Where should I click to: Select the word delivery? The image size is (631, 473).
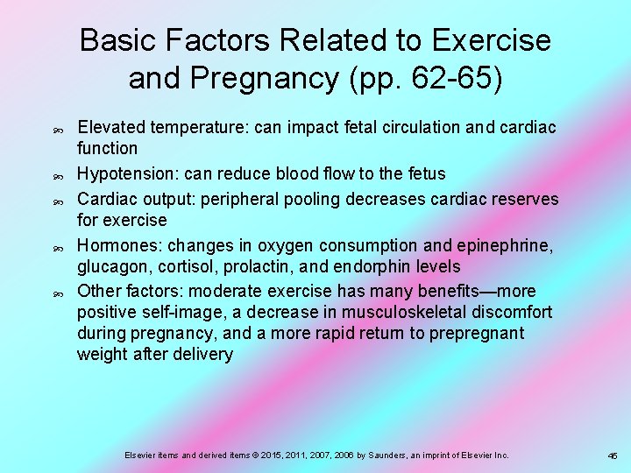pos(204,354)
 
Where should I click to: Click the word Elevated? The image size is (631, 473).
pos(110,128)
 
